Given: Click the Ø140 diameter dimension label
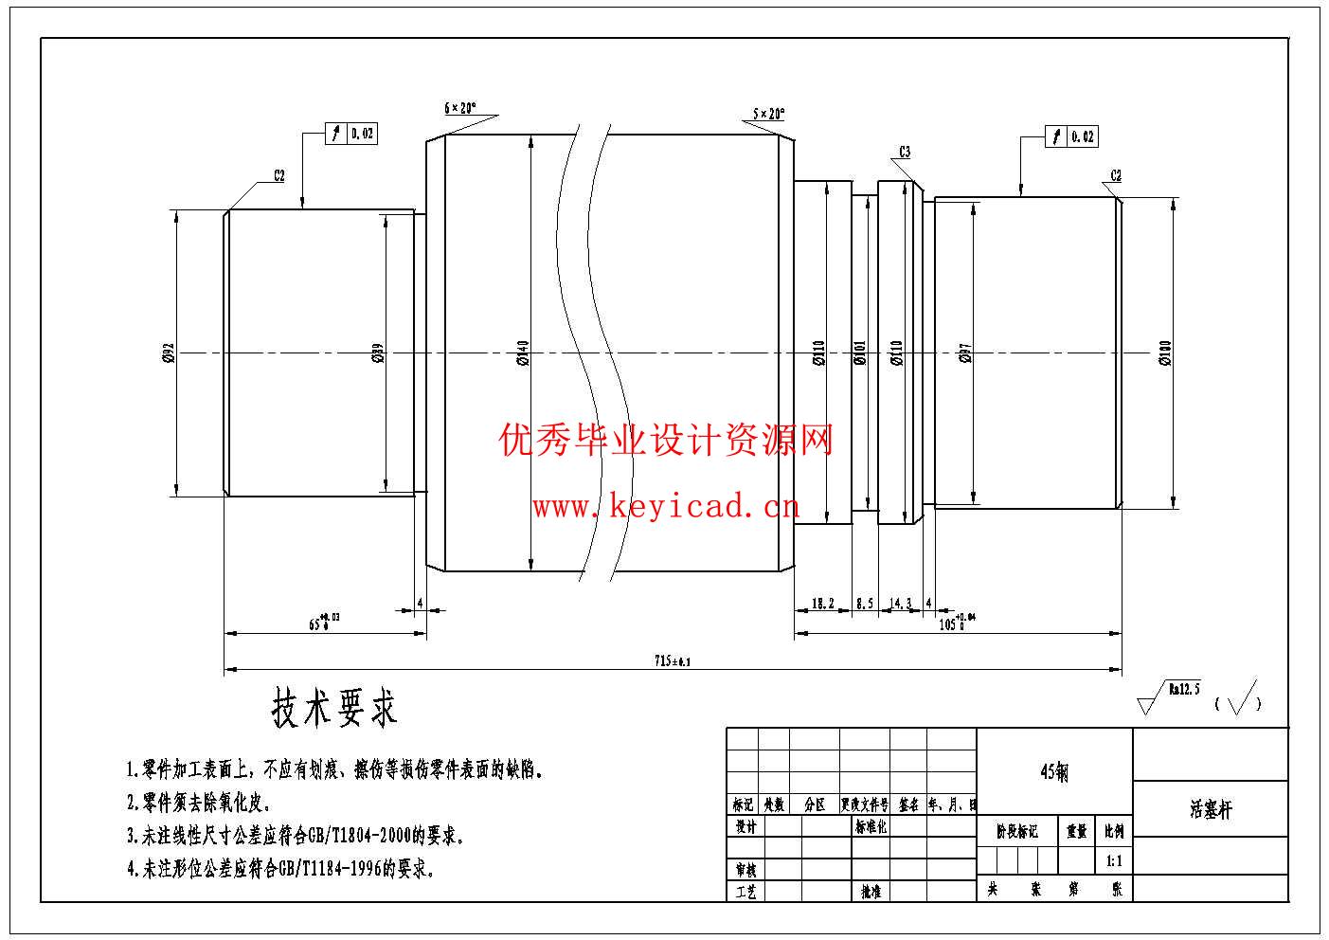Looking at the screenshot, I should pos(523,353).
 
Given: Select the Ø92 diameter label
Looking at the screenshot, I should pos(169,353).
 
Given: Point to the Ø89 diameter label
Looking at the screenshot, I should pos(378,353).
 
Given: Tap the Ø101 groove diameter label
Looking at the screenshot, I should pos(860,353).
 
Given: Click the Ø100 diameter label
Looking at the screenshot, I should pos(1166,353).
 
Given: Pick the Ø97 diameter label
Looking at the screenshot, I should pos(965,353).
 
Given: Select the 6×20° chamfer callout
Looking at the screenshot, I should pos(461,108).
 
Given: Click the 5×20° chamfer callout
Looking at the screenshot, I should pos(768,114).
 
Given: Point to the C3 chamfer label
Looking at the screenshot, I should pos(905,152).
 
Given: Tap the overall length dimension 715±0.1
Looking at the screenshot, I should pos(673,660).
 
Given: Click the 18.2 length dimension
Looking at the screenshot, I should pos(823,603).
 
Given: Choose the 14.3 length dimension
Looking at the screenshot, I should pos(901,603).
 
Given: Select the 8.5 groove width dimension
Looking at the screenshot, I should pos(865,603).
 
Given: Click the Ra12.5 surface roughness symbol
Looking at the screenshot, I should pos(1170,696).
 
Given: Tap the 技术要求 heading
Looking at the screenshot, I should pos(335,708).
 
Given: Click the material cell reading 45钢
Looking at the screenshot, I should pos(1053,772).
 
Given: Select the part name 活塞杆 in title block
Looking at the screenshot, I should pos(1211,809).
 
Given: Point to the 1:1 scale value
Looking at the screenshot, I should pos(1114,861).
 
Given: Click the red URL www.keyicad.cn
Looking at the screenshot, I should pos(666,508).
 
